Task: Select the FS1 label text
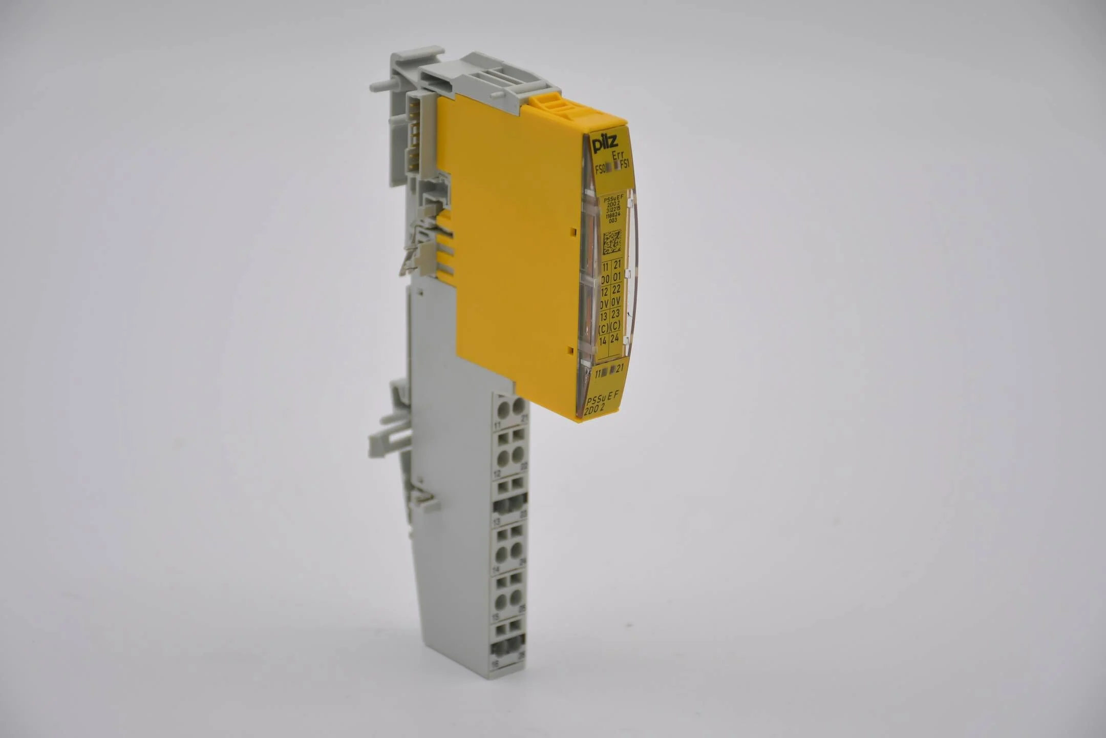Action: pyautogui.click(x=625, y=165)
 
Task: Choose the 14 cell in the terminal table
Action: pyautogui.click(x=603, y=340)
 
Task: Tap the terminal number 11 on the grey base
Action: pyautogui.click(x=497, y=425)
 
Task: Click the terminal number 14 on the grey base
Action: pyautogui.click(x=495, y=569)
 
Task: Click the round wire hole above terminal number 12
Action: pyautogui.click(x=502, y=456)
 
